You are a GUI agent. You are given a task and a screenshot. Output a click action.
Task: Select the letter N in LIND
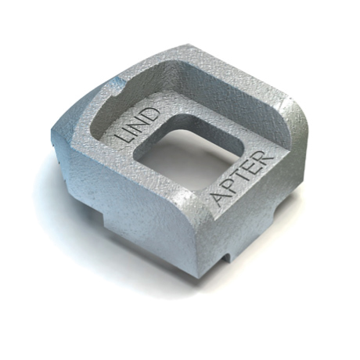pyautogui.click(x=142, y=122)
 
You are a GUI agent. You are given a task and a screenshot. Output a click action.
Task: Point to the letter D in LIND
pyautogui.click(x=153, y=113)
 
